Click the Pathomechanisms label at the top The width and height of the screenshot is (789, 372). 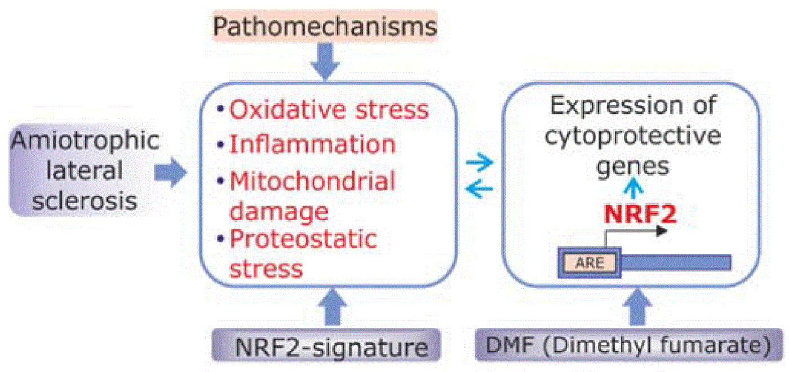click(x=325, y=27)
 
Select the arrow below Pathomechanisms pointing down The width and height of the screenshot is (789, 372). click(x=325, y=62)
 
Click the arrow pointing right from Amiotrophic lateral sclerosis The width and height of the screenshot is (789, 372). click(x=170, y=173)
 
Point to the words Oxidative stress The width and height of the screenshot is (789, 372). click(x=329, y=110)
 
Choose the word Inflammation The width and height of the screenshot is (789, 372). click(x=313, y=145)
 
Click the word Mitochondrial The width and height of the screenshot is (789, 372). click(x=313, y=181)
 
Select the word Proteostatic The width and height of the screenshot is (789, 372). click(x=304, y=239)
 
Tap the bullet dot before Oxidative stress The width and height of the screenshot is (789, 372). click(x=221, y=109)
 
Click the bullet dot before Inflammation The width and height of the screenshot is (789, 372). click(x=221, y=145)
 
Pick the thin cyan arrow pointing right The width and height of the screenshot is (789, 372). click(x=480, y=163)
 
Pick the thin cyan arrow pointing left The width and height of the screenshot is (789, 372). click(x=480, y=189)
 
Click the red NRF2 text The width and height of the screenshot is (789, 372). click(x=640, y=214)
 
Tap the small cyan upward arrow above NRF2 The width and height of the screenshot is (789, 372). click(x=633, y=188)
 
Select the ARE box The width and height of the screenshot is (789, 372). click(x=589, y=263)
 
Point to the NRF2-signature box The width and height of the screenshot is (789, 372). click(x=326, y=345)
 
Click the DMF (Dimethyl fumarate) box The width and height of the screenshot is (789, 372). click(x=629, y=345)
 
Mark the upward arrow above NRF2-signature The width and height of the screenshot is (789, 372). click(x=333, y=307)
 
